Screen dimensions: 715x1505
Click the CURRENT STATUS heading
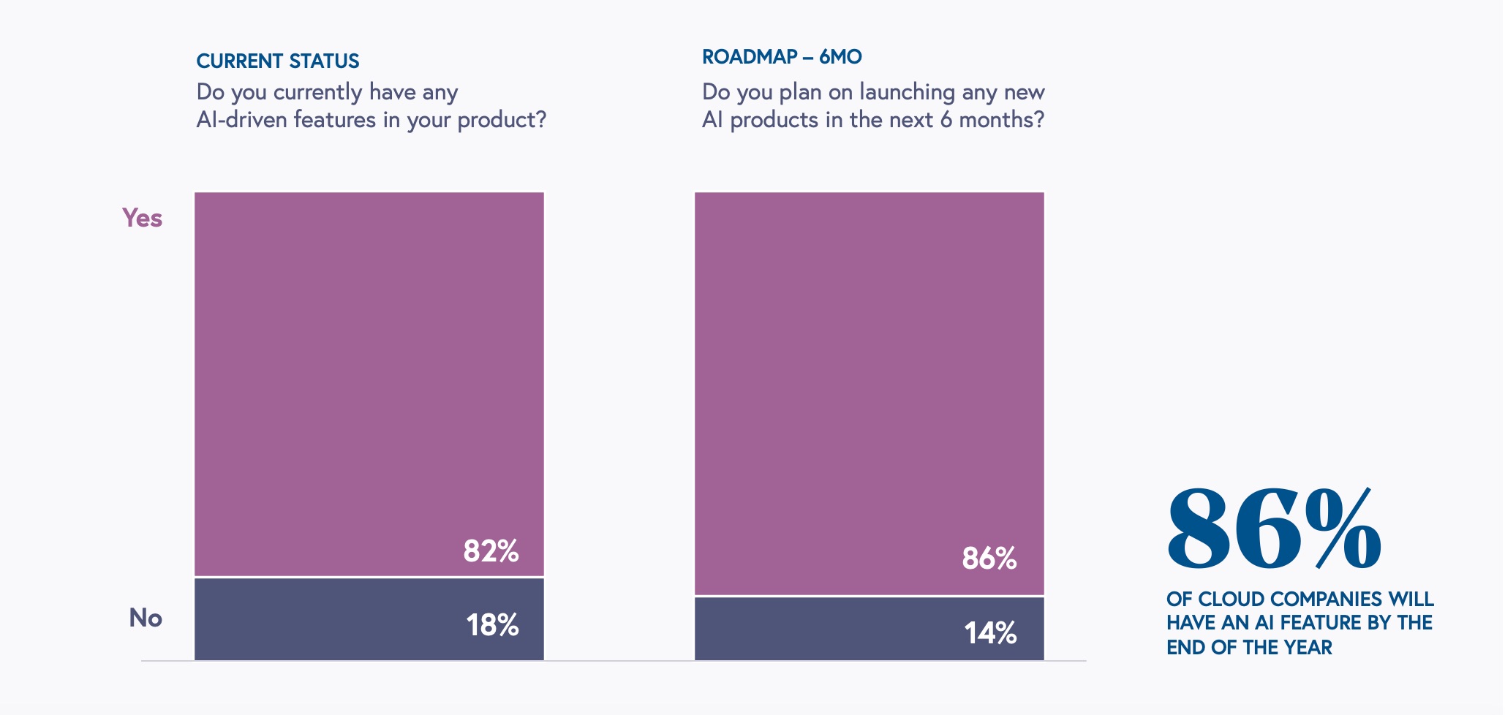278,61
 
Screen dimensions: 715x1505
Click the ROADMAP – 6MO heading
782,56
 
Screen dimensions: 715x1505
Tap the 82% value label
491,551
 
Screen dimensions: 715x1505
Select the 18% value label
492,625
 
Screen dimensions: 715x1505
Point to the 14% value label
990,633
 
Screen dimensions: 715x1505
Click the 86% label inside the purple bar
989,559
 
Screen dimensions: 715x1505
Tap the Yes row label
142,218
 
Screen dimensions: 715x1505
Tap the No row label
146,618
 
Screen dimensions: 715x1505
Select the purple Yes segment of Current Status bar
369,366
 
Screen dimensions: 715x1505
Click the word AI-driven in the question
241,119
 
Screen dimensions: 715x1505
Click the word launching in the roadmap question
907,92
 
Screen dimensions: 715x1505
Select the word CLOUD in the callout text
1231,599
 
